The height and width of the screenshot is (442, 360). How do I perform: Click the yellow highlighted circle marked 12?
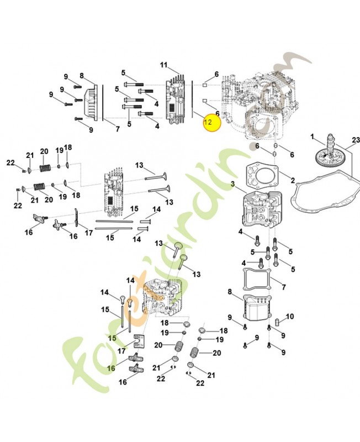click(x=209, y=122)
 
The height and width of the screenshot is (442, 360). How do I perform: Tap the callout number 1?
click(x=312, y=136)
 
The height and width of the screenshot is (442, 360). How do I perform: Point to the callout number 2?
click(x=293, y=180)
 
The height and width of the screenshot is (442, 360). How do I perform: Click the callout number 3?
click(x=233, y=184)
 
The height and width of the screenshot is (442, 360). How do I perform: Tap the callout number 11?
click(x=163, y=66)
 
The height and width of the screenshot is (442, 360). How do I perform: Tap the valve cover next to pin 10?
click(x=258, y=309)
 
